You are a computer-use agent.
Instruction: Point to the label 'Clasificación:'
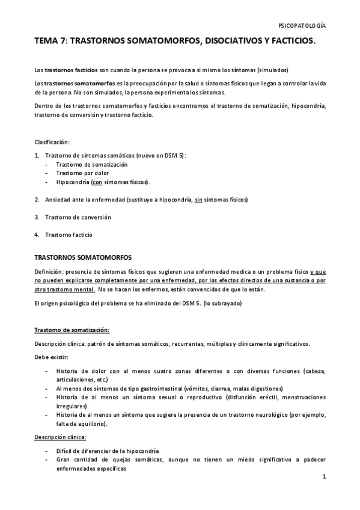click(x=52, y=142)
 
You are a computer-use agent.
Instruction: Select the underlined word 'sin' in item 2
click(x=198, y=199)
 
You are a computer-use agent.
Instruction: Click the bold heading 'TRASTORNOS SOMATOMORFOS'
click(x=83, y=257)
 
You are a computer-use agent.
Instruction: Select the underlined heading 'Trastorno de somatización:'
click(x=72, y=330)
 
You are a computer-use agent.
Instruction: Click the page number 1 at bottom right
click(x=323, y=478)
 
